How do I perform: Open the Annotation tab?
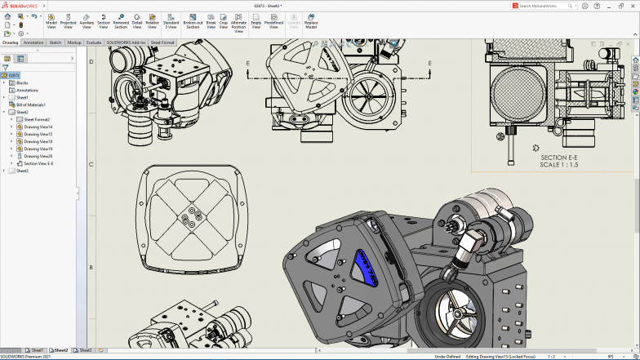coord(33,42)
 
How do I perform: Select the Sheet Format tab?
coord(162,42)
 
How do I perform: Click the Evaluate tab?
coord(94,42)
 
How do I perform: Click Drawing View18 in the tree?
coord(38,141)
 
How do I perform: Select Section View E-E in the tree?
coord(38,163)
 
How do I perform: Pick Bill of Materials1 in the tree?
coord(31,104)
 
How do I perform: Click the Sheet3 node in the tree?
coord(22,171)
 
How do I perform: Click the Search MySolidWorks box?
coord(542,6)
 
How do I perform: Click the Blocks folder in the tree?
coord(22,82)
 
